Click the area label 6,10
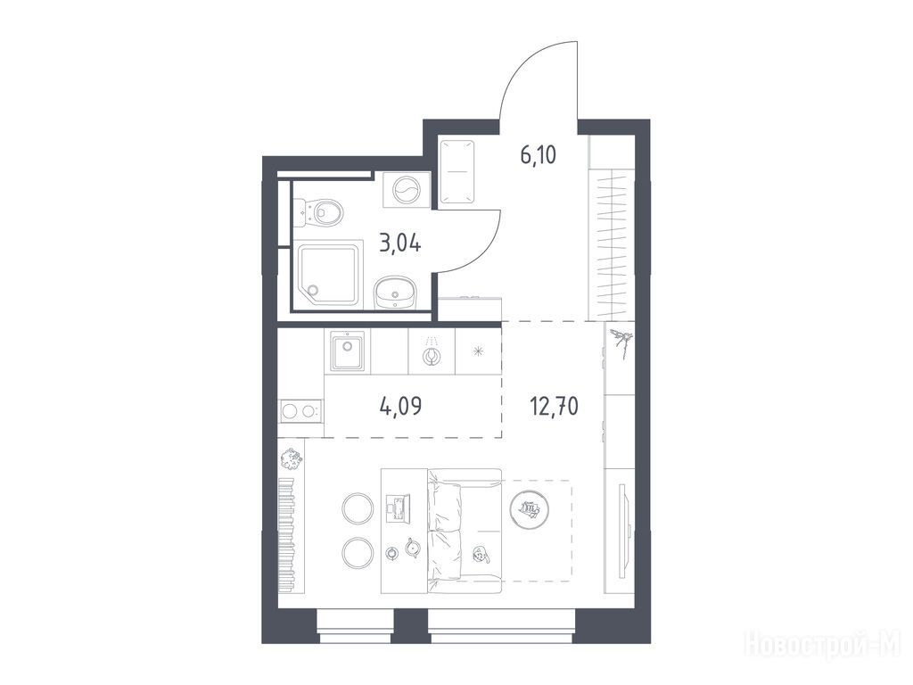point(538,155)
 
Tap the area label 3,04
point(400,243)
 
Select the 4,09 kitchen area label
point(400,406)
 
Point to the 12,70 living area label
point(554,406)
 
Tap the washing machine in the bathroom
point(407,190)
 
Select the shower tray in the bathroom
point(330,276)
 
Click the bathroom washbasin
point(394,292)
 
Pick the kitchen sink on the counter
point(347,351)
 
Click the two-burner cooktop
point(300,411)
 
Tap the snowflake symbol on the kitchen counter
point(478,351)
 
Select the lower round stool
point(358,553)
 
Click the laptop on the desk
point(398,508)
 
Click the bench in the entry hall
point(456,171)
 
